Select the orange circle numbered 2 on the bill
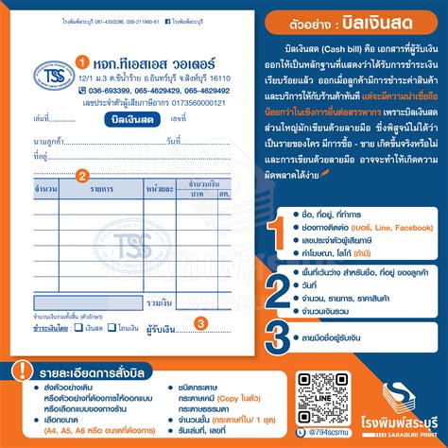tap(82, 175)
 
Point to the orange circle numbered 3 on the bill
tap(201, 323)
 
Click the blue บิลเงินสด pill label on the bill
tap(133, 119)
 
